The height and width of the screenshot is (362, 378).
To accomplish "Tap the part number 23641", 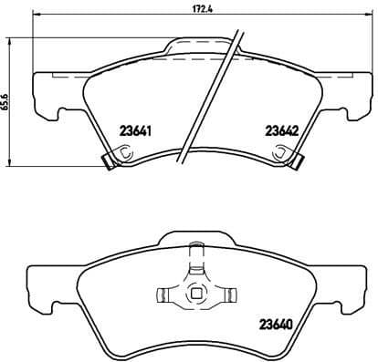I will pyautogui.click(x=135, y=129).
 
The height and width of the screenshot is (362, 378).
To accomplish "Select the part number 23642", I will pyautogui.click(x=281, y=130).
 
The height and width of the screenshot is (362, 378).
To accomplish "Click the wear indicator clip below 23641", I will pyautogui.click(x=108, y=162).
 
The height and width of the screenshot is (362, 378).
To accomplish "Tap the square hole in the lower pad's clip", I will pyautogui.click(x=194, y=295).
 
